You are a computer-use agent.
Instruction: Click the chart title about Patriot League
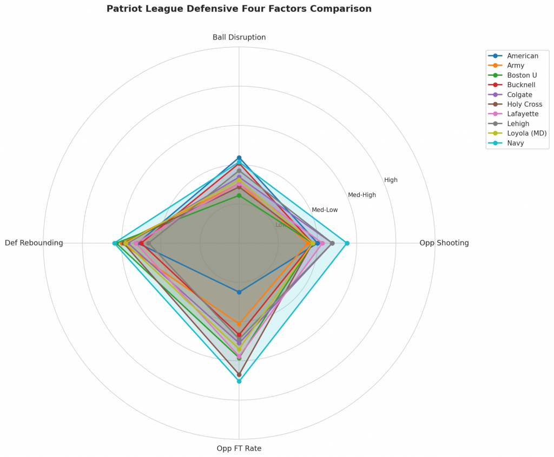pos(239,9)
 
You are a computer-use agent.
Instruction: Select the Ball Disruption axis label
pos(239,37)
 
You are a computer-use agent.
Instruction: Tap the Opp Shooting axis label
pos(444,243)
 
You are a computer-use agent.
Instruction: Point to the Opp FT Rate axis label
pos(239,448)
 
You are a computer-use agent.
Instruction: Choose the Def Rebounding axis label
pos(34,243)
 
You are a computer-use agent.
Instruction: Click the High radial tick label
pos(391,180)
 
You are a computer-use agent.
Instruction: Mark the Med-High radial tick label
pos(362,195)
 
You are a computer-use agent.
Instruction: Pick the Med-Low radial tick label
pos(325,210)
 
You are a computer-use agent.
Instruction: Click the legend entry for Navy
pos(516,143)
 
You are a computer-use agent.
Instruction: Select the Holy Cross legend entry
pos(524,104)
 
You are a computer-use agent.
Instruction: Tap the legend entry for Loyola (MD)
pos(526,133)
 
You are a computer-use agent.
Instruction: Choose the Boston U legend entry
pos(522,75)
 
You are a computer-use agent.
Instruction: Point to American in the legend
pos(522,56)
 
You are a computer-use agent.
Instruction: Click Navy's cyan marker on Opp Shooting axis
pos(347,243)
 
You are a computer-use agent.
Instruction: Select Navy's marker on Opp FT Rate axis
pos(239,381)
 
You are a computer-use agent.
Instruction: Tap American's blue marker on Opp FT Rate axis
pos(239,292)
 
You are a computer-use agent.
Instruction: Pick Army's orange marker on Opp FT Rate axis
pos(239,324)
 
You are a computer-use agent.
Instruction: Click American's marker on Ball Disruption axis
pos(239,158)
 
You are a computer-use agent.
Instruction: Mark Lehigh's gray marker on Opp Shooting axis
pos(332,243)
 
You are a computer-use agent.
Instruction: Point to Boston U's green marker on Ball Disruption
pos(239,195)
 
